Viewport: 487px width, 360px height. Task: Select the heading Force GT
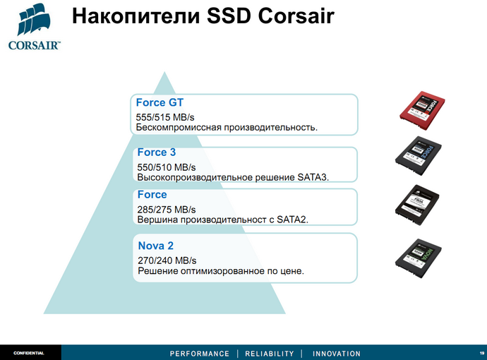[160, 102]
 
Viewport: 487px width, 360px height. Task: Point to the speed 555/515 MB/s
[166, 116]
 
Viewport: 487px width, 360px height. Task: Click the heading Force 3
[157, 152]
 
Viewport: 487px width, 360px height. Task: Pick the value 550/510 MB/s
[167, 167]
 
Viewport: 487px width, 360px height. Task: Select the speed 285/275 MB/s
[167, 210]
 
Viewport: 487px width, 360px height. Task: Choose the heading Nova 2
[155, 246]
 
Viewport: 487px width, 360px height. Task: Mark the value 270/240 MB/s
[167, 260]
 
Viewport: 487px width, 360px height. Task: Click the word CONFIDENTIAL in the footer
[29, 353]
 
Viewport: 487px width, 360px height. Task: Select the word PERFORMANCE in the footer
[200, 354]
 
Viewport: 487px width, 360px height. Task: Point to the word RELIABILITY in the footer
[269, 354]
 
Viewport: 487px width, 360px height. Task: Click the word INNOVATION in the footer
[337, 354]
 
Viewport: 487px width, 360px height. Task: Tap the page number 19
[481, 353]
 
